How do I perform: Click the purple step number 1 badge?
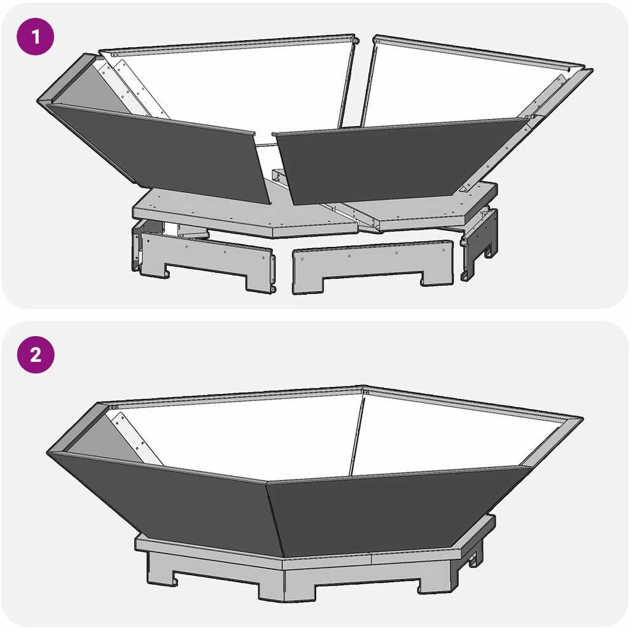point(36,36)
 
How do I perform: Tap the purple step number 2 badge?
point(36,355)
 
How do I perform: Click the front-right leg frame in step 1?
point(372,265)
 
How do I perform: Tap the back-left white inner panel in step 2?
point(241,438)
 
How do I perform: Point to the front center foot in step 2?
point(286,585)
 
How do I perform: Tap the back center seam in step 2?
point(356,434)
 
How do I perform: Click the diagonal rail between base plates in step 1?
point(351,216)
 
